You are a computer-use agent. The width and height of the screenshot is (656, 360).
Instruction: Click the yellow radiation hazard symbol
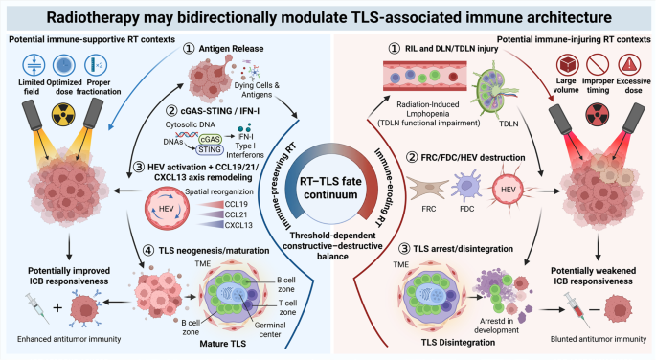[x=63, y=114]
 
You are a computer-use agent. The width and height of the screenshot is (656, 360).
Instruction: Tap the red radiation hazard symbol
[x=597, y=114]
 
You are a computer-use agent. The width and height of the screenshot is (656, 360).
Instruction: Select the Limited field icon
[x=34, y=65]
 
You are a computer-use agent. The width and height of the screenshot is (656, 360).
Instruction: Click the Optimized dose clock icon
[x=64, y=65]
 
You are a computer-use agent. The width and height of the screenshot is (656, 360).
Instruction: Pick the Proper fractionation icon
[x=96, y=65]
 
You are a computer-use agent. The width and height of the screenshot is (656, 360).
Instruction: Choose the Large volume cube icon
[x=567, y=64]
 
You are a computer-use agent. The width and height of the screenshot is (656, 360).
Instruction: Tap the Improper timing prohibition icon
[x=597, y=64]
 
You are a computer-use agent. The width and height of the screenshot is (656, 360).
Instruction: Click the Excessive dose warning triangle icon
[x=629, y=64]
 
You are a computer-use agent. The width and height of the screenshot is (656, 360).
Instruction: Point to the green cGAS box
[x=210, y=139]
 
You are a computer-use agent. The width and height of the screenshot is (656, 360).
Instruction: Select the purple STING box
[x=210, y=149]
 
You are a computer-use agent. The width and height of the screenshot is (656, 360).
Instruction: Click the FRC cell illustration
[x=427, y=189]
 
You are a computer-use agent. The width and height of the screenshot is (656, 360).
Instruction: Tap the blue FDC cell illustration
[x=466, y=186]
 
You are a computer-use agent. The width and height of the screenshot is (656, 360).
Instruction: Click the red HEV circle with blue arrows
[x=167, y=208]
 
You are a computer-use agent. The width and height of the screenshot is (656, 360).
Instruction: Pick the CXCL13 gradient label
[x=238, y=225]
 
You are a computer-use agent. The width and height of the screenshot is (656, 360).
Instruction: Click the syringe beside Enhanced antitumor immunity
[x=37, y=308]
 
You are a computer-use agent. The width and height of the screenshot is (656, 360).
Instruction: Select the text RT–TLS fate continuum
[x=330, y=188]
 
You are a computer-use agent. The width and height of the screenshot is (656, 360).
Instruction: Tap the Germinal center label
[x=270, y=329]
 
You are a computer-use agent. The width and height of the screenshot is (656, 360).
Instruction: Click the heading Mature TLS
[x=222, y=344]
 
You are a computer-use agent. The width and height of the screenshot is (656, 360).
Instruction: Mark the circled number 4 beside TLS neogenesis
[x=148, y=251]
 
